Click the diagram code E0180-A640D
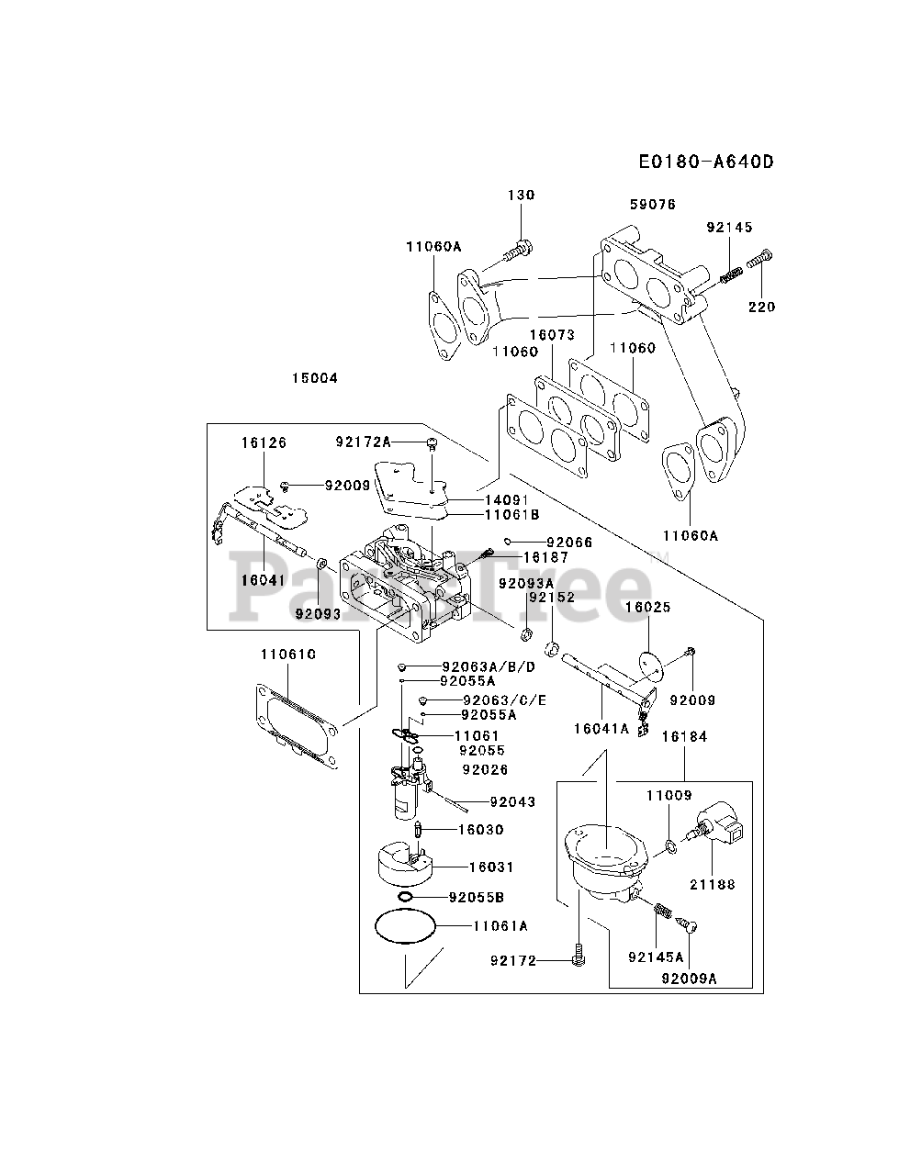(x=706, y=162)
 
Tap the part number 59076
(x=653, y=205)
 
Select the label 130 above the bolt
(x=521, y=195)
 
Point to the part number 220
(x=761, y=308)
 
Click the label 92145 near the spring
(x=729, y=227)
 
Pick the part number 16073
(x=552, y=335)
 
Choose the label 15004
(x=314, y=378)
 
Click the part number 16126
(x=264, y=442)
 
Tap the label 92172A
(x=363, y=442)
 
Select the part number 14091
(x=507, y=500)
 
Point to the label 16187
(x=545, y=558)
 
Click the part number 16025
(x=648, y=607)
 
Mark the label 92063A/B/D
(x=489, y=667)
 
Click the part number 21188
(x=713, y=884)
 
